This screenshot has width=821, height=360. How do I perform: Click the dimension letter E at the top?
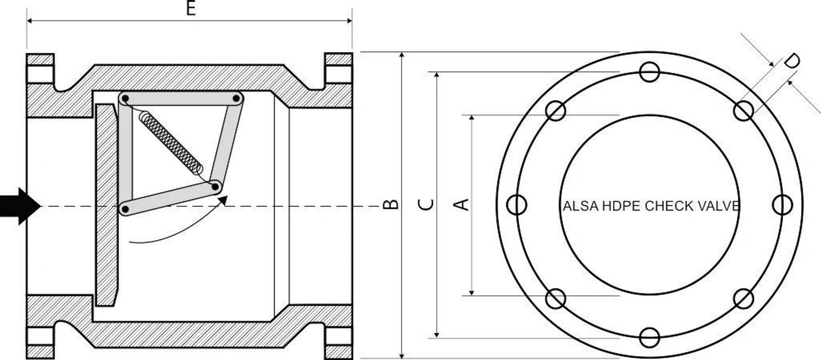[191, 9]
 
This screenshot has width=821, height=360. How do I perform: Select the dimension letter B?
[391, 204]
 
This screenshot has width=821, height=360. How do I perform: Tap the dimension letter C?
[425, 204]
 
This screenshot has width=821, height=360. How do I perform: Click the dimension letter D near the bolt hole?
[794, 61]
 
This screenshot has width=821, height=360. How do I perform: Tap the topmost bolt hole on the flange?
[649, 72]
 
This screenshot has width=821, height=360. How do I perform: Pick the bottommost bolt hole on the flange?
[649, 337]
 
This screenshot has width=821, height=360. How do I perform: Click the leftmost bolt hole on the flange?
[517, 205]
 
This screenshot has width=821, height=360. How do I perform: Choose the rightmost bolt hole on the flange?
[782, 205]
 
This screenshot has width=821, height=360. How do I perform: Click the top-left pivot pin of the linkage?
[126, 99]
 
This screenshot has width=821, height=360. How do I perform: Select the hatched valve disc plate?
[106, 205]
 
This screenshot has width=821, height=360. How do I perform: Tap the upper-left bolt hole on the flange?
[556, 111]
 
